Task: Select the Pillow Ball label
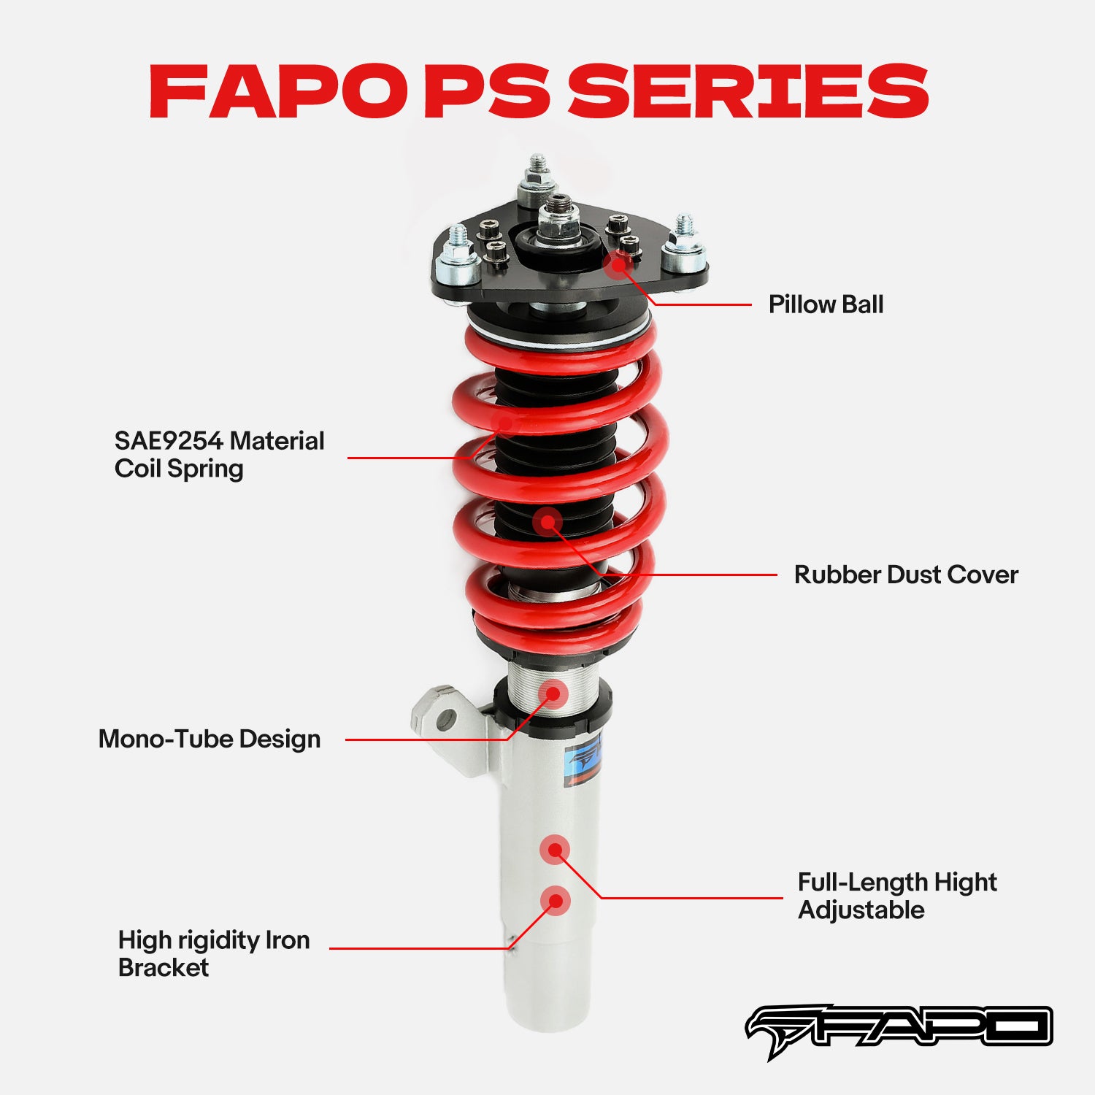pos(826,304)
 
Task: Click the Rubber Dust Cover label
pos(905,575)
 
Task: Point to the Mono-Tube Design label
pos(210,739)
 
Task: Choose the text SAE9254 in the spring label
pos(168,441)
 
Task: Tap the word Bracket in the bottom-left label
pos(164,967)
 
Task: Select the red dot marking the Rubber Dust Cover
pos(547,522)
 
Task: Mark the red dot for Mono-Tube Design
pos(554,693)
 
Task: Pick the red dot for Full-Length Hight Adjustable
pos(555,850)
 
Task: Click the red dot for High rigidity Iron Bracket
pos(556,901)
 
